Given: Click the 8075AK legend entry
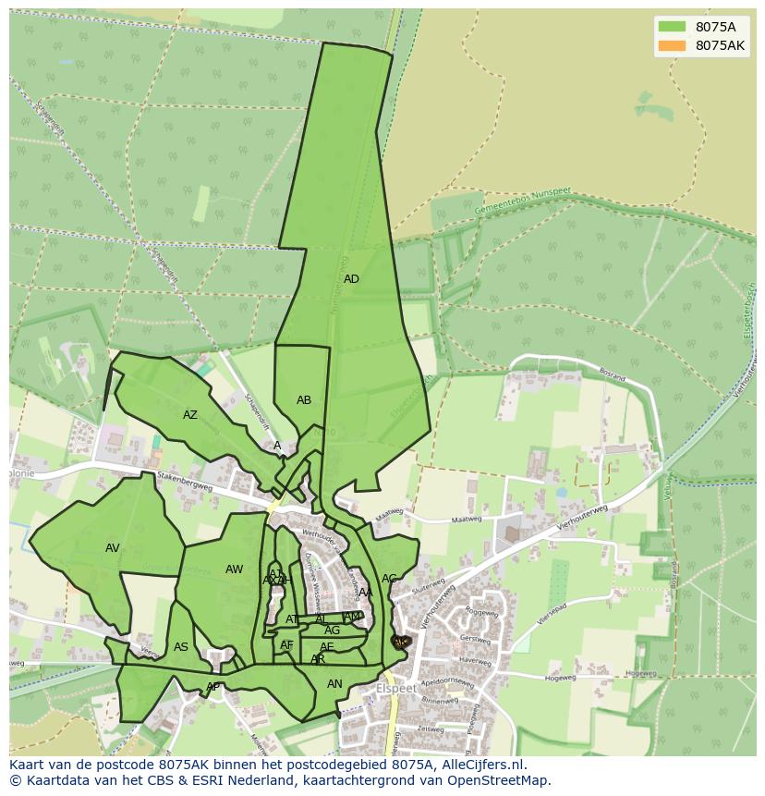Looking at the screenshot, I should tap(720, 45).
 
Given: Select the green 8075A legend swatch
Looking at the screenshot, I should tap(672, 27).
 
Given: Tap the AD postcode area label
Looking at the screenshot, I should tap(351, 279).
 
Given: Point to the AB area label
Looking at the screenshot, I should tap(304, 400).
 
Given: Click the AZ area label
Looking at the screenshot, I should tap(190, 415).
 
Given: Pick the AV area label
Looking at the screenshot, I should tap(113, 548).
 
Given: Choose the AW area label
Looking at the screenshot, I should tap(235, 569).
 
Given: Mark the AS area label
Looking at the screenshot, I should tap(181, 647).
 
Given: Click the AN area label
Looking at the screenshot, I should tap(334, 684).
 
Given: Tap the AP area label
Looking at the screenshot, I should tap(212, 687).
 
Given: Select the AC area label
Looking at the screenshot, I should tap(389, 579).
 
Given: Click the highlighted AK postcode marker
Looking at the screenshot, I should tap(400, 641).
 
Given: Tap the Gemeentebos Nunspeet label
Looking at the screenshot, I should tap(522, 202).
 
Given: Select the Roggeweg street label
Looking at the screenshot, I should tap(481, 611).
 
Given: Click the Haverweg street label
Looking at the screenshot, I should tap(475, 661).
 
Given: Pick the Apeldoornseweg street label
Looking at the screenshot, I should tap(449, 687).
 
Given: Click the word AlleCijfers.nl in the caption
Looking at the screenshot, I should tap(480, 765).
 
